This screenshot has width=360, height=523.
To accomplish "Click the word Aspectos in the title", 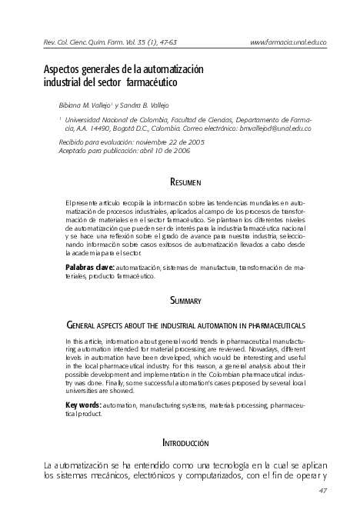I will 60,69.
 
